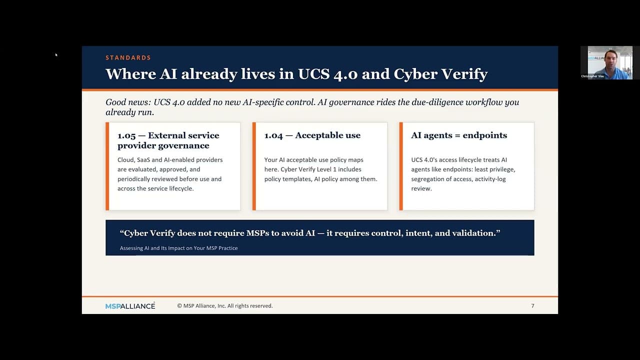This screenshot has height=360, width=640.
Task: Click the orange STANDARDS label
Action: (x=128, y=57)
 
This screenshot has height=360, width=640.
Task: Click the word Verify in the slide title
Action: (x=464, y=74)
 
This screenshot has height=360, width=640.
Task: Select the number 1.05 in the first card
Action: (x=126, y=135)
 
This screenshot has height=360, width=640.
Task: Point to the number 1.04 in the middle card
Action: (x=273, y=135)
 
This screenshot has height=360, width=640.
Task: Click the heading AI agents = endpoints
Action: (x=459, y=135)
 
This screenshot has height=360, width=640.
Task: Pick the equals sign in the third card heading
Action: (x=457, y=135)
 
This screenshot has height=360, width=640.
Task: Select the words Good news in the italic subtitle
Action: (x=127, y=102)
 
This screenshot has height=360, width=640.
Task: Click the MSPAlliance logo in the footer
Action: (x=130, y=306)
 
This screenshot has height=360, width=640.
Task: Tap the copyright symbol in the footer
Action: (x=179, y=305)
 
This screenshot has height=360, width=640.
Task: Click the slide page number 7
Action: (x=532, y=305)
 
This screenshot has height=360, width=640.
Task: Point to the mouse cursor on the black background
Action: (x=56, y=55)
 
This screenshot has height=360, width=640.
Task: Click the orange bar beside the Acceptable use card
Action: (x=254, y=166)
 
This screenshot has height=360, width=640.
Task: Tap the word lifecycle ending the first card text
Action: (x=180, y=188)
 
